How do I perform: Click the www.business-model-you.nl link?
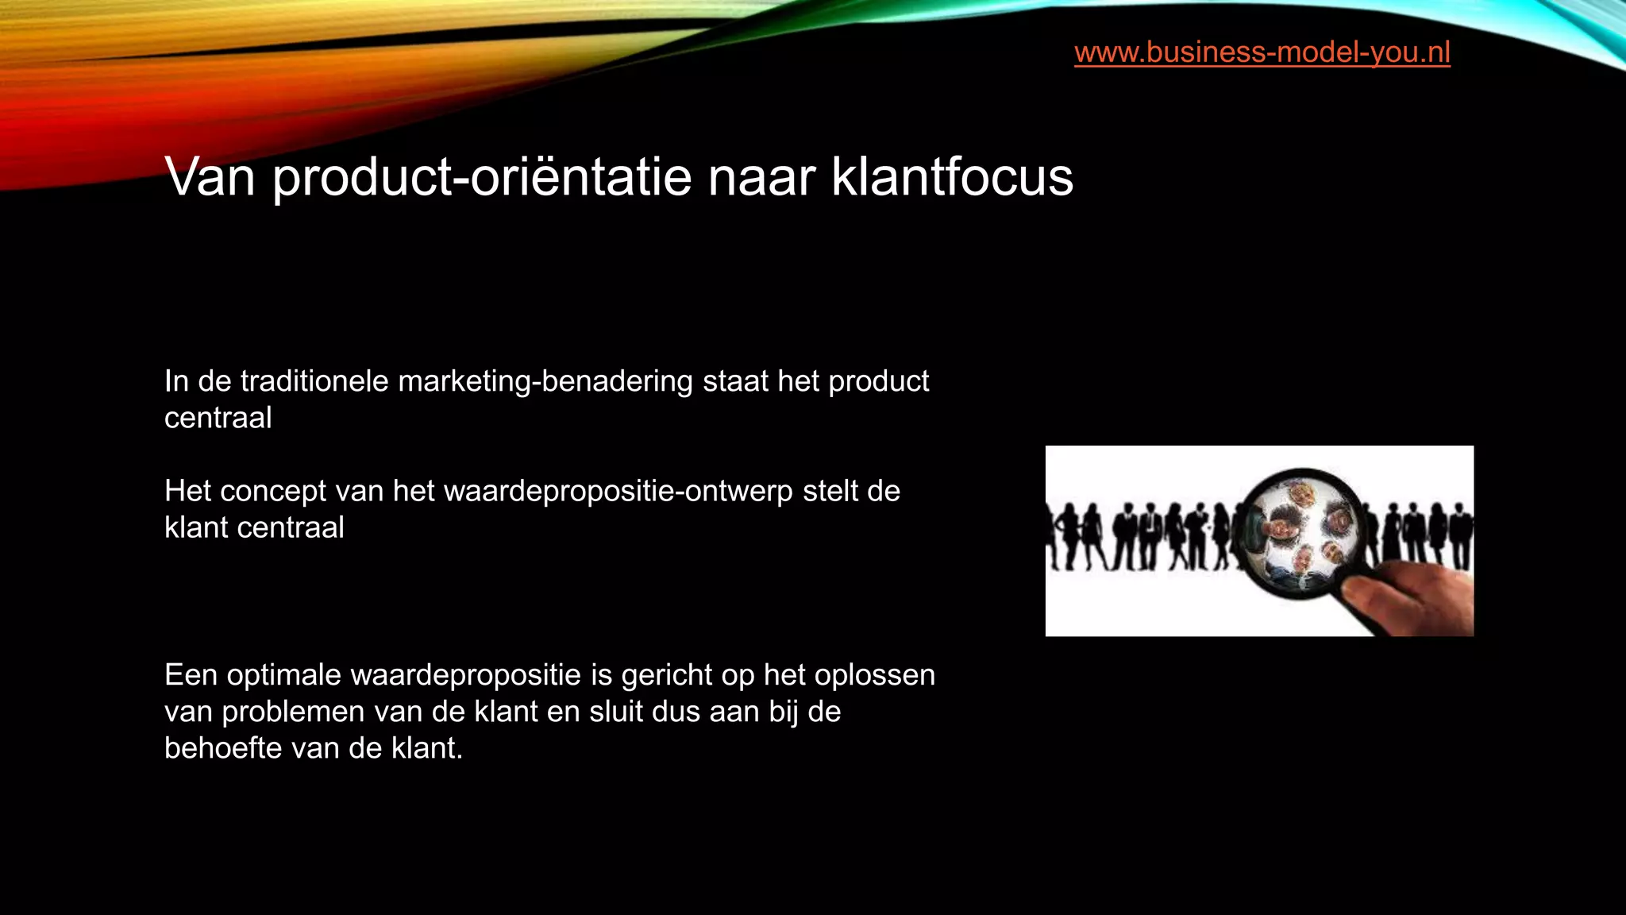[x=1262, y=52]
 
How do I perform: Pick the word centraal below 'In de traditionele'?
[x=218, y=419]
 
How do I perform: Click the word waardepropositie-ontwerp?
[x=618, y=492]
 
